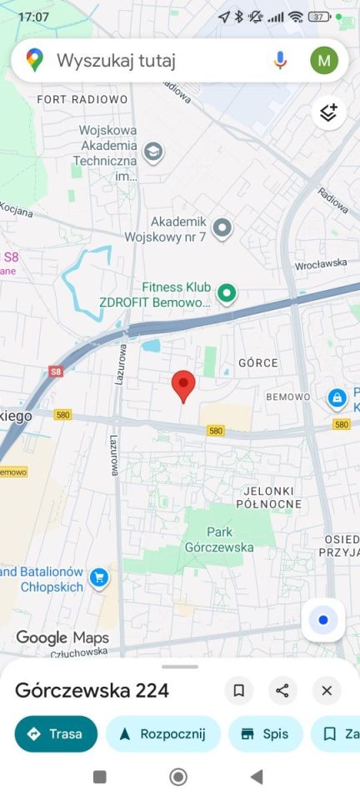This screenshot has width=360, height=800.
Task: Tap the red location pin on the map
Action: click(183, 386)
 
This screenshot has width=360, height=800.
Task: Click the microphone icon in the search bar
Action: click(280, 60)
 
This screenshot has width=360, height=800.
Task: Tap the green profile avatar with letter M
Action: click(324, 60)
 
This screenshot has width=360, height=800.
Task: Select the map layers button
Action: click(328, 112)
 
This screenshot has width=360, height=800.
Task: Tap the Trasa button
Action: click(56, 734)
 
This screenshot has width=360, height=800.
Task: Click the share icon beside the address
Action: click(282, 690)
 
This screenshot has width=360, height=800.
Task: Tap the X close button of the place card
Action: click(327, 690)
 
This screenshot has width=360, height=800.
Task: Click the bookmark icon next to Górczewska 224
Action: click(238, 690)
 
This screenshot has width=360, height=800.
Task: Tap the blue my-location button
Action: click(322, 620)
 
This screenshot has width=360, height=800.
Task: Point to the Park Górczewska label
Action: click(219, 539)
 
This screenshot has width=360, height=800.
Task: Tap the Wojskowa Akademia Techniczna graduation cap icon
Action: click(152, 152)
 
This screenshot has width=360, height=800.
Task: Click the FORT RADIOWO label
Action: click(82, 99)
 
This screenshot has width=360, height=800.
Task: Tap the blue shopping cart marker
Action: click(99, 577)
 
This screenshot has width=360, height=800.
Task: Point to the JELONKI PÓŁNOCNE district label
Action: click(268, 497)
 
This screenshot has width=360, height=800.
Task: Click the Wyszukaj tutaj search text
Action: click(116, 61)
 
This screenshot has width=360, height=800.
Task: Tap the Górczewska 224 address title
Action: click(92, 690)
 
